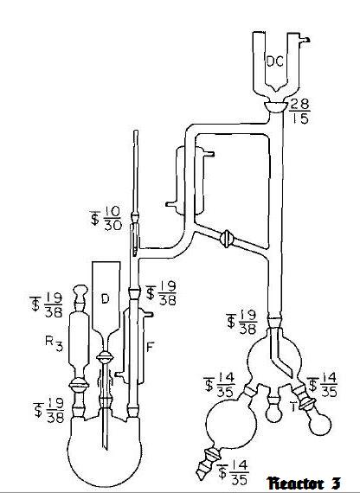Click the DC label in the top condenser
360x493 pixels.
click(x=274, y=61)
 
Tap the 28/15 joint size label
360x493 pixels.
click(x=299, y=112)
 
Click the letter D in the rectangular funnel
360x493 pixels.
click(x=106, y=298)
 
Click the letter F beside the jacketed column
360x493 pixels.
click(x=150, y=347)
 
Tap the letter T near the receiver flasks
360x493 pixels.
click(x=293, y=407)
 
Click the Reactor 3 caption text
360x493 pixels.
click(x=304, y=483)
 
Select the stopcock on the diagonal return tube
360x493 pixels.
click(x=226, y=239)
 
